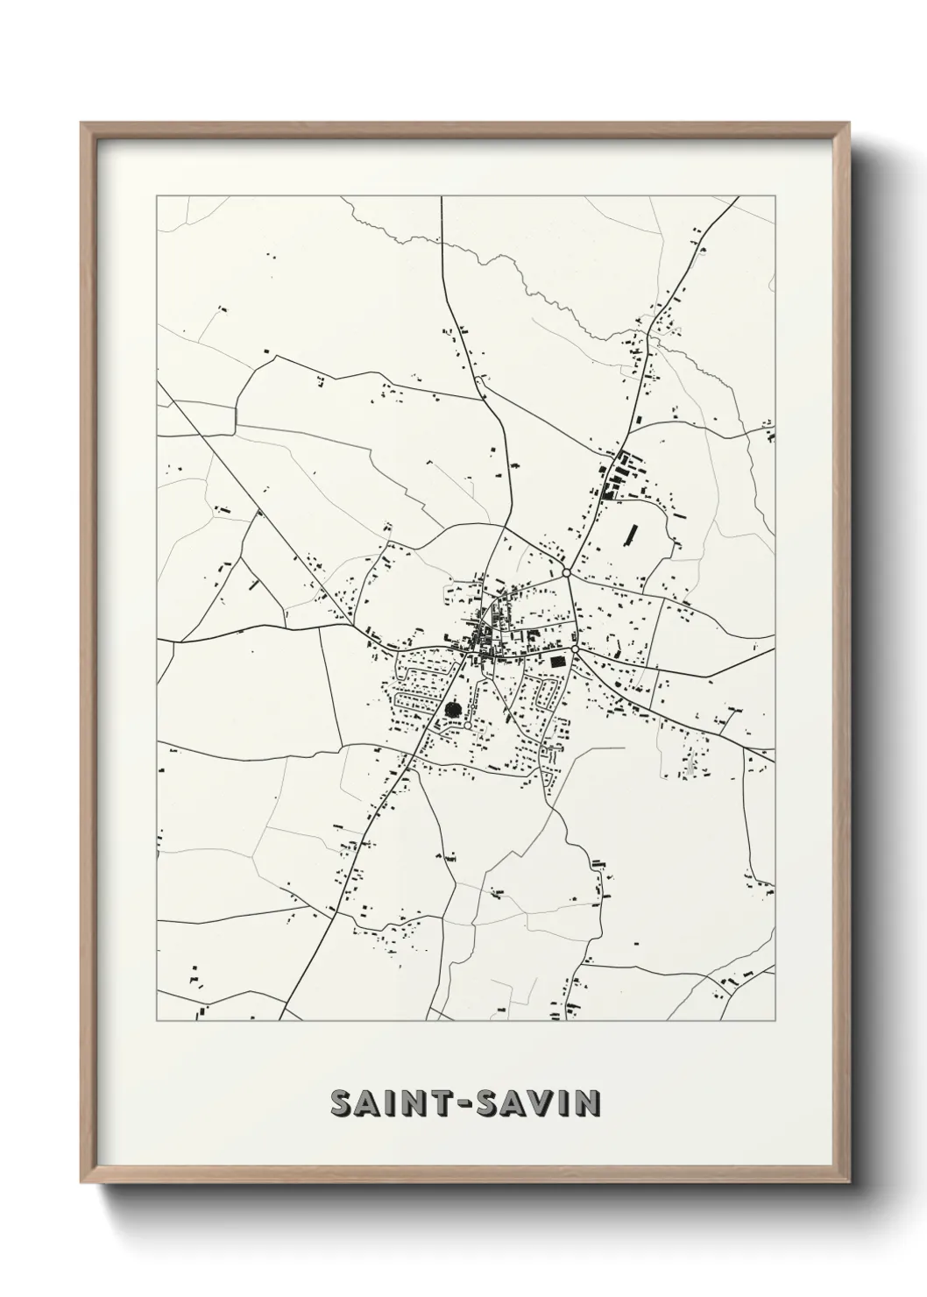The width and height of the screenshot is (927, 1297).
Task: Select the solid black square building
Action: tap(556, 662)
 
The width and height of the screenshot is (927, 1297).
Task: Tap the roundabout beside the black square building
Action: tap(575, 648)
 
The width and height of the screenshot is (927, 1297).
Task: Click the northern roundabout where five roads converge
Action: tap(568, 572)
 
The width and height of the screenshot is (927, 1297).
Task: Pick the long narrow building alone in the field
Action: tap(632, 535)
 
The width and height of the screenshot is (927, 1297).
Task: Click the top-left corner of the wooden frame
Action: tap(81, 124)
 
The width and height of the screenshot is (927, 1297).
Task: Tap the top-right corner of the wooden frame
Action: tap(850, 124)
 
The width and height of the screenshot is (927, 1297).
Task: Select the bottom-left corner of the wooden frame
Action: tap(81, 1181)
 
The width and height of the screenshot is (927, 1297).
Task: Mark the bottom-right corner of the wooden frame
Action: tap(850, 1181)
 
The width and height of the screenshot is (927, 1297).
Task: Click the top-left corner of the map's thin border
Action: tap(157, 196)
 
